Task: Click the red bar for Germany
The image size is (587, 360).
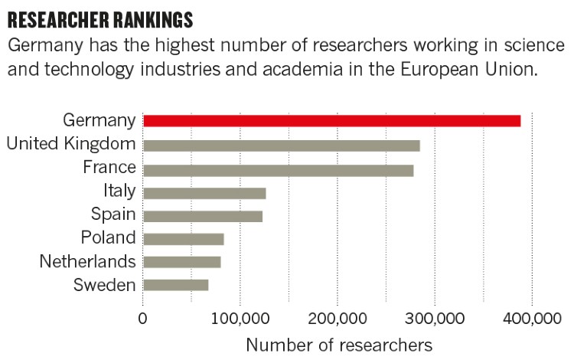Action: tap(331, 121)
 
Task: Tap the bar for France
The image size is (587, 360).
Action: tap(278, 170)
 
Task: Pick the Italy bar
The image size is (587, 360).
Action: tap(204, 193)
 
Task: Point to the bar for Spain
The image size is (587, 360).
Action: tap(203, 216)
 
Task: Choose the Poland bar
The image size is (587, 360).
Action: tap(183, 239)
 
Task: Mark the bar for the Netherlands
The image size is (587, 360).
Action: tap(181, 262)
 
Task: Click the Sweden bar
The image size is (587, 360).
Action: tap(175, 285)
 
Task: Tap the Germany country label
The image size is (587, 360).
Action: tap(99, 120)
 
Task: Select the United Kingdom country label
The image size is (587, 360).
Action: tap(70, 143)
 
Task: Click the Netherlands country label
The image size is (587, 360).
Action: tap(87, 262)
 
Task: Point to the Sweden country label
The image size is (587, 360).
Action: tap(104, 285)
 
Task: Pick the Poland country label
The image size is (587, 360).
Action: tap(108, 238)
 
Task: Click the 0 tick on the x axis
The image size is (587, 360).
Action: tap(143, 317)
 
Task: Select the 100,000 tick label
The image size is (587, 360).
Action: tap(240, 317)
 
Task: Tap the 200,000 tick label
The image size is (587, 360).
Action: tap(338, 317)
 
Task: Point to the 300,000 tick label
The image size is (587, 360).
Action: tap(435, 317)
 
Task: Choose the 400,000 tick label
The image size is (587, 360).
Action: tap(532, 317)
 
